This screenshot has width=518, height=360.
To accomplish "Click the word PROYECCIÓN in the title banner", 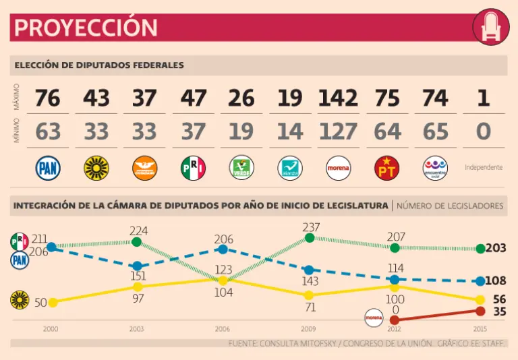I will click(x=86, y=28).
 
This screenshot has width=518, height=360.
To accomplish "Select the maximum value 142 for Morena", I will click(x=338, y=98).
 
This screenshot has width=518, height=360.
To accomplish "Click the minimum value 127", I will click(x=338, y=131).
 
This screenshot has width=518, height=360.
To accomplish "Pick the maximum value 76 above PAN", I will click(x=48, y=98).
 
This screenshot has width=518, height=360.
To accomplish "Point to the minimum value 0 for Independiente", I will click(x=483, y=131).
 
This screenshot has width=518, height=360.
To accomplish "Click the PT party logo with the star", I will click(x=386, y=168).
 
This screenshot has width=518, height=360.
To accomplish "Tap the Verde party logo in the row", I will click(x=241, y=168).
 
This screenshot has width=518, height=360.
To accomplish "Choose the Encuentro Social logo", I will click(x=435, y=168).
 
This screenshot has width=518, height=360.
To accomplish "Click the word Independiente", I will click(x=484, y=167).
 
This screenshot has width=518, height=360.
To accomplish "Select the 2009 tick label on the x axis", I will click(x=309, y=329).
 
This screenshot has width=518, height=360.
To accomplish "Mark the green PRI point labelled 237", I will click(x=310, y=238).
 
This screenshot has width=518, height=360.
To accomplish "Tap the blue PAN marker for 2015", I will click(x=480, y=281).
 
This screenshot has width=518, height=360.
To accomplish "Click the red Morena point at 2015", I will click(x=480, y=311).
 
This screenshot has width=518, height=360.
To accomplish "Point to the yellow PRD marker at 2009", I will click(x=309, y=295).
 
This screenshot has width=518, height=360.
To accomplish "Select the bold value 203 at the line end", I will click(x=496, y=248).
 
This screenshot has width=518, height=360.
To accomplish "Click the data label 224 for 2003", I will click(x=138, y=231).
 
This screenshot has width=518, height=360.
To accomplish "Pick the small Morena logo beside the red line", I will click(x=374, y=316).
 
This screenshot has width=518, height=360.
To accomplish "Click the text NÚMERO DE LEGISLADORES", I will click(x=450, y=206).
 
